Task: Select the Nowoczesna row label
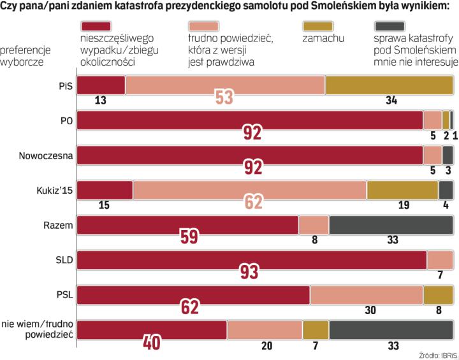coord(48,155)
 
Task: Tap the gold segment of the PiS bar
coord(390,85)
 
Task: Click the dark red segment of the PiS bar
coord(101,85)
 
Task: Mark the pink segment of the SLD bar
coord(440,260)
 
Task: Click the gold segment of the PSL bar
coord(438,295)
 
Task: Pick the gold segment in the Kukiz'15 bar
coord(402,190)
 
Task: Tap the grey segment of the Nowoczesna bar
coord(448,155)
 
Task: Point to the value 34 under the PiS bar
coord(391,99)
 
